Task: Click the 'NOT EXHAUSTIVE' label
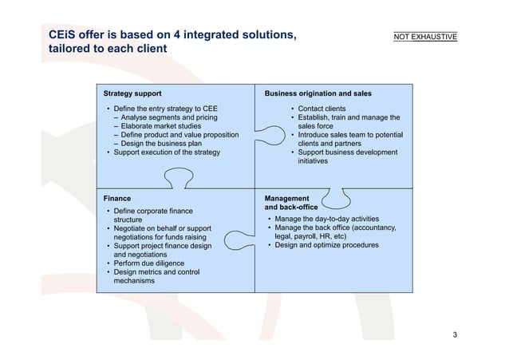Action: pyautogui.click(x=425, y=37)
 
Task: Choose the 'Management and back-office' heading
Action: pyautogui.click(x=291, y=202)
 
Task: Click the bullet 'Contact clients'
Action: pyautogui.click(x=322, y=108)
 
